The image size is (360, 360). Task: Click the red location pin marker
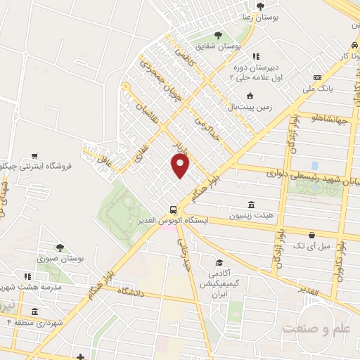point(181,166)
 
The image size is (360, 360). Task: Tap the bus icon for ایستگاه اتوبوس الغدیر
point(173,209)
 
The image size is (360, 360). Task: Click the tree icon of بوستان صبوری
point(60,247)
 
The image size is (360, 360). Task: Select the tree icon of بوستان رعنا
point(260,6)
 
